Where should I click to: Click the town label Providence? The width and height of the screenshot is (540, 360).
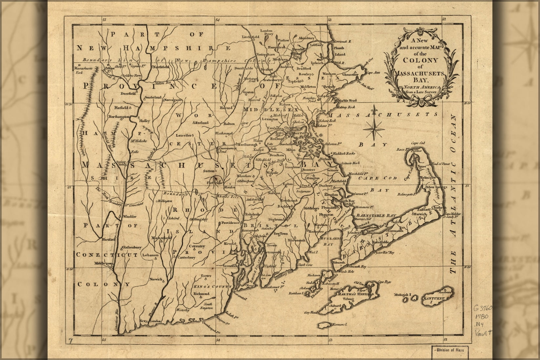coord(230,223)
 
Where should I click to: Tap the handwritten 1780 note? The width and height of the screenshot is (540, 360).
coord(481,317)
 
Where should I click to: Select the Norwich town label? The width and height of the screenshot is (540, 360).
coord(156,279)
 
